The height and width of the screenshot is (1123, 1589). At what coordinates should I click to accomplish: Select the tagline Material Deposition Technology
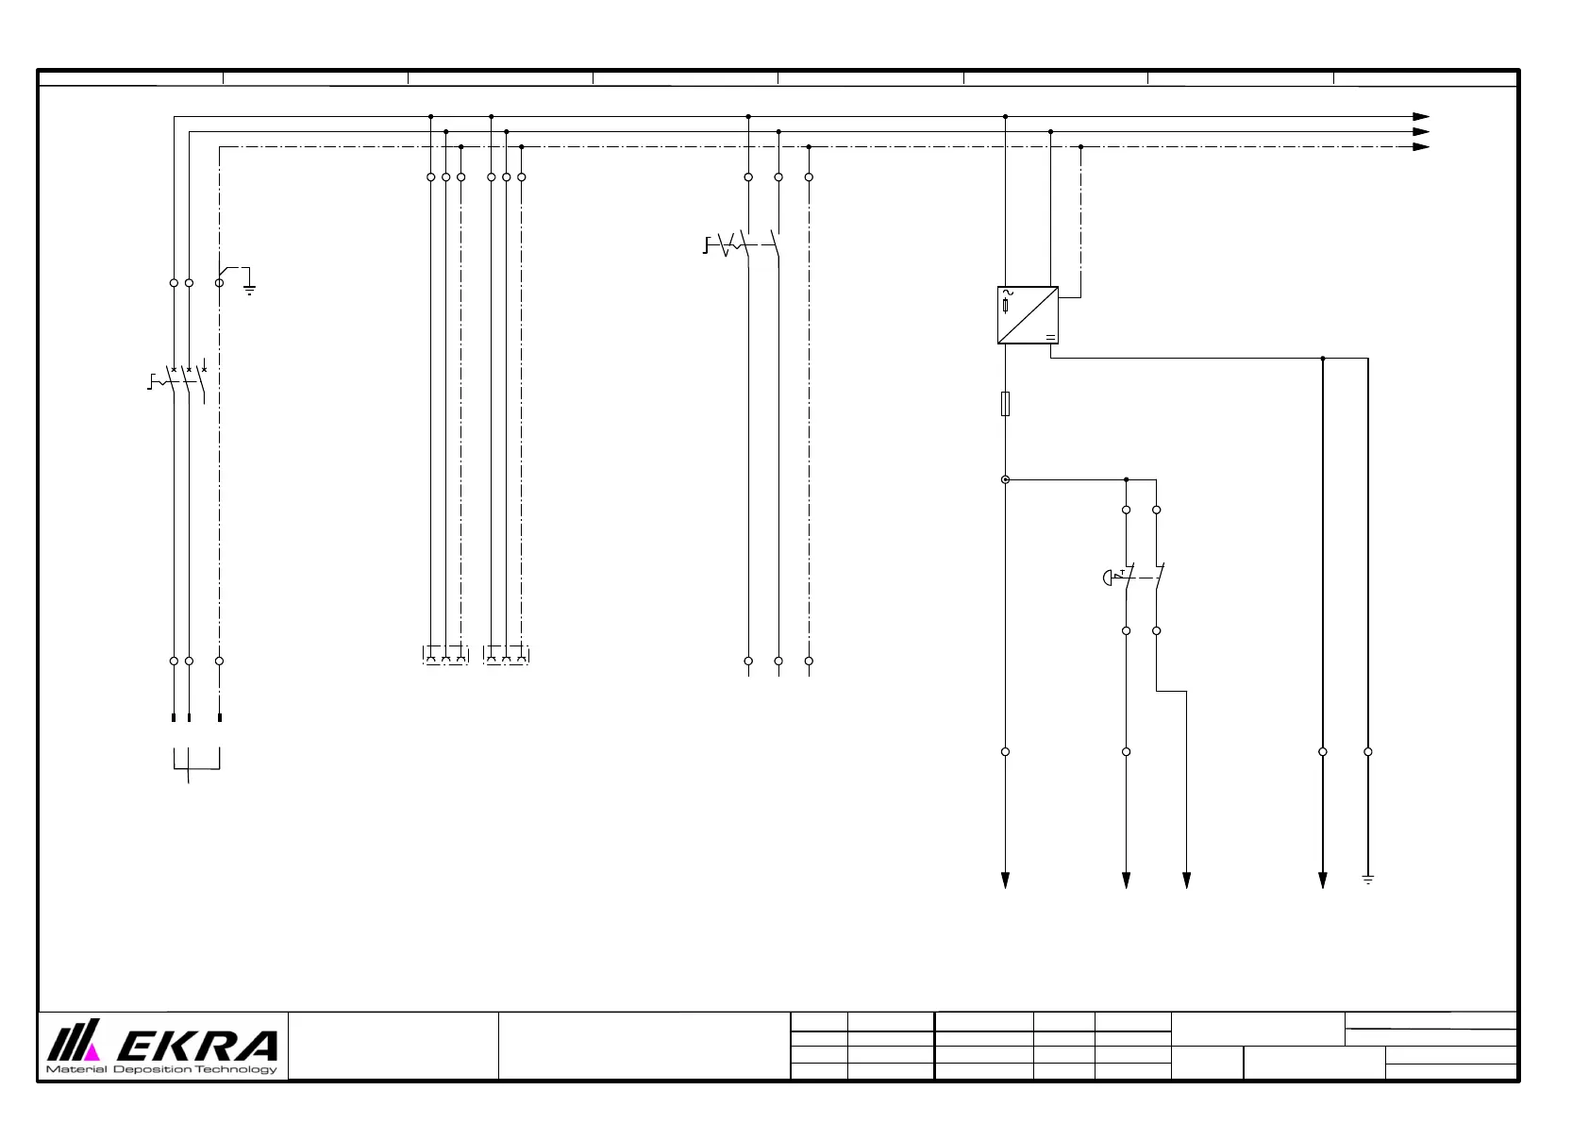[x=162, y=1069]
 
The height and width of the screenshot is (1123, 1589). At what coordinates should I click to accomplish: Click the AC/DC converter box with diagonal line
[x=1028, y=315]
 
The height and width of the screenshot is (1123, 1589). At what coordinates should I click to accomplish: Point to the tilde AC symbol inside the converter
[x=1007, y=293]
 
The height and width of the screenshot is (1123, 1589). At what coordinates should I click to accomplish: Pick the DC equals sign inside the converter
[x=1049, y=337]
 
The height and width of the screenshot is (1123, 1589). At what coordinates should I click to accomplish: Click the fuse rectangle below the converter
[x=1005, y=404]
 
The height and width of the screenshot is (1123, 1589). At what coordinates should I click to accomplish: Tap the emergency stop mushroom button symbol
[x=1108, y=578]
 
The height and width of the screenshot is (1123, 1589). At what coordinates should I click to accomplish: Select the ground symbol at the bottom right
[x=1367, y=880]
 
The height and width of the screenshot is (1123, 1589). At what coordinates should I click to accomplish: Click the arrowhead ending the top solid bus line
[x=1420, y=117]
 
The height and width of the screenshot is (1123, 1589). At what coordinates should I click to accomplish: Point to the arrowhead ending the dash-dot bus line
[x=1420, y=147]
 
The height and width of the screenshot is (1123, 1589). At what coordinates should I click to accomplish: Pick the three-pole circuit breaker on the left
[x=185, y=381]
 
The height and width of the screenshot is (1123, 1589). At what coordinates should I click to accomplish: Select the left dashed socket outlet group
[x=445, y=655]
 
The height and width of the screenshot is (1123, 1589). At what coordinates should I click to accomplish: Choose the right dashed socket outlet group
[x=506, y=655]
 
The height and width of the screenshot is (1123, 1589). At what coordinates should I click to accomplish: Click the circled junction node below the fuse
[x=1005, y=479]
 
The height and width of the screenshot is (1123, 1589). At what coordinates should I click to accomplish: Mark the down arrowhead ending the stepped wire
[x=1186, y=880]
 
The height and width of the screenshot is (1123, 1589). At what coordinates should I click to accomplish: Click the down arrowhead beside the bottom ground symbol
[x=1322, y=880]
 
